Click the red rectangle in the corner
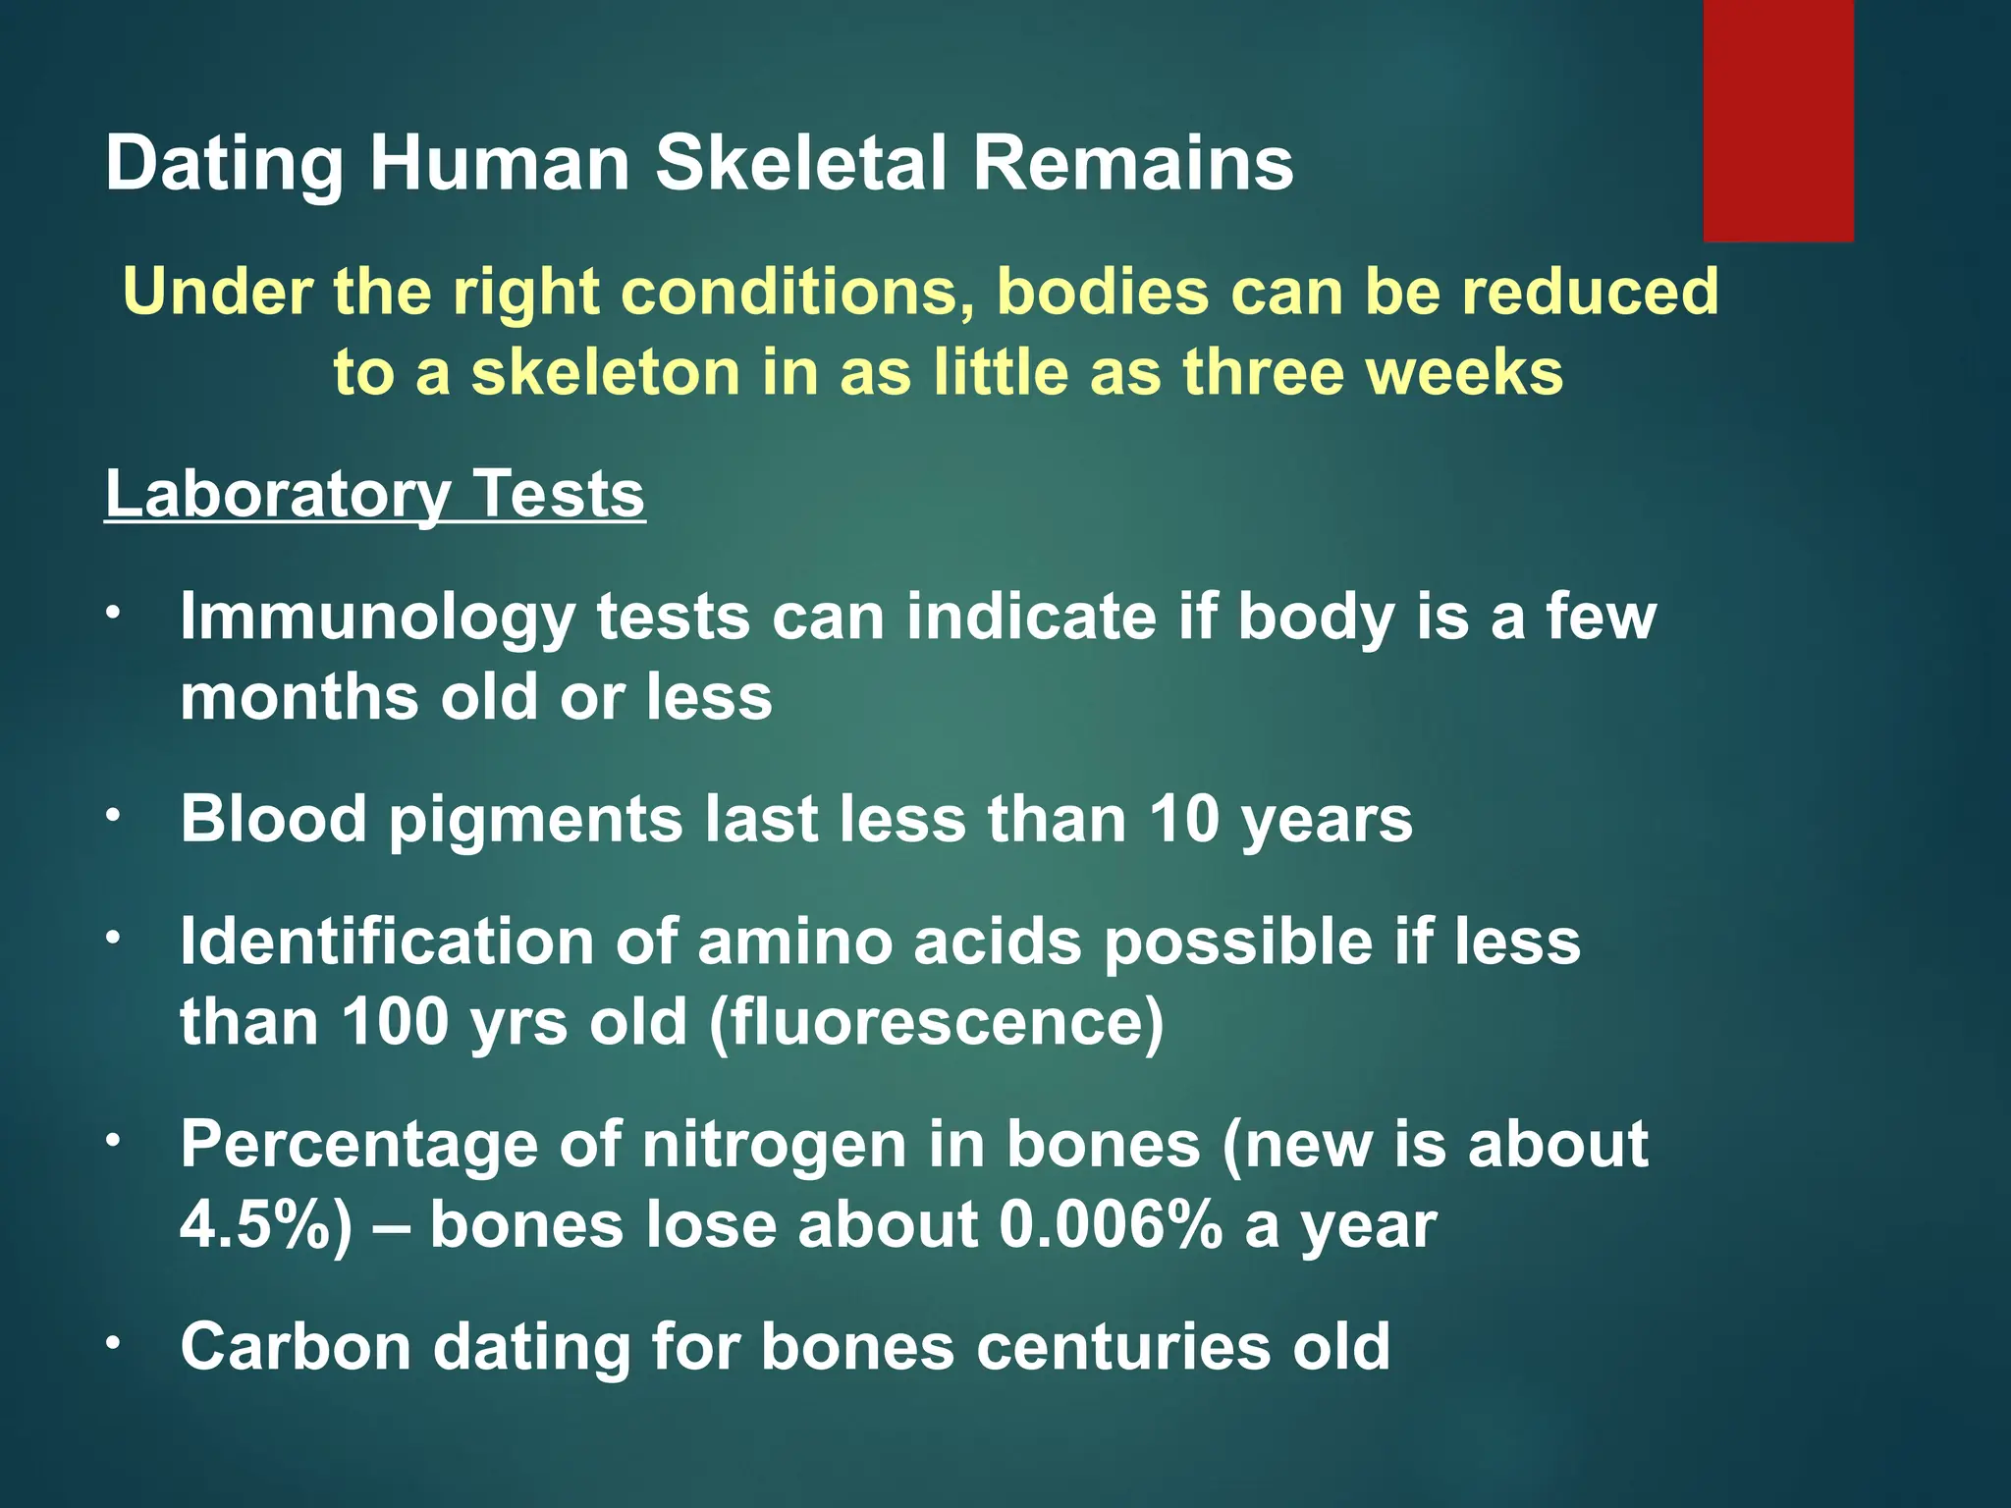(1777, 120)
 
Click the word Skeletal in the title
(801, 163)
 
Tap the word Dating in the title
(224, 165)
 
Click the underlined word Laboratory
(275, 495)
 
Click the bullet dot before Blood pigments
(114, 815)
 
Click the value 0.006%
(1111, 1225)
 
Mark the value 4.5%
(265, 1225)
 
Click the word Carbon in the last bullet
(296, 1347)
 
